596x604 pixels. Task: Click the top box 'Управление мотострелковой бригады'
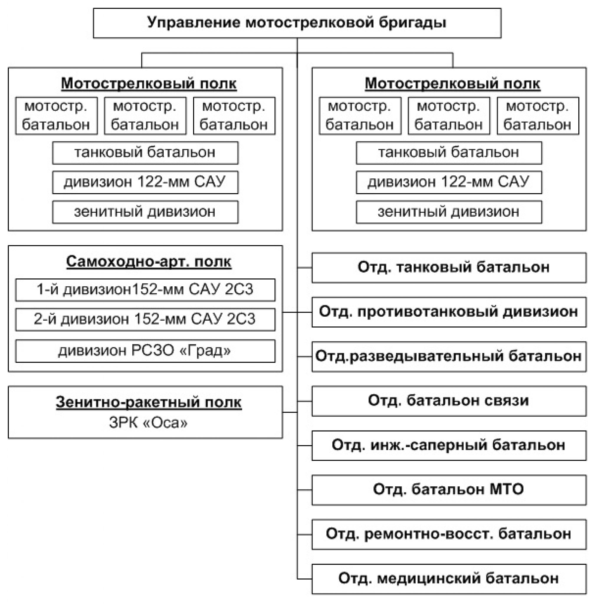(297, 23)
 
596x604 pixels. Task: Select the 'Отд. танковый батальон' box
(449, 267)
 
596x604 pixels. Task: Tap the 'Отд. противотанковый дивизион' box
(449, 312)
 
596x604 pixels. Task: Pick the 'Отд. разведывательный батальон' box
(449, 356)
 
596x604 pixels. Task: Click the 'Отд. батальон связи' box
(449, 401)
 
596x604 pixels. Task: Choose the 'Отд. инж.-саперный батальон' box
(449, 445)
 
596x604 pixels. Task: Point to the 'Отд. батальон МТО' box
(449, 490)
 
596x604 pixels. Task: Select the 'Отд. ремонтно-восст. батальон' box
(449, 534)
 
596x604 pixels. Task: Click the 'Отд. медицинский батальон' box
(449, 579)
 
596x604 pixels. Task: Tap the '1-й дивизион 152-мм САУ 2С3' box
(145, 290)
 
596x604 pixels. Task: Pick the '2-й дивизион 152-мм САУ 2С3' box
(145, 319)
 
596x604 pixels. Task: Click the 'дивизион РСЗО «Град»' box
(145, 351)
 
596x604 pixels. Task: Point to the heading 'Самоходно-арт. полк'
(149, 261)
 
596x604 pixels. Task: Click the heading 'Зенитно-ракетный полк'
(149, 402)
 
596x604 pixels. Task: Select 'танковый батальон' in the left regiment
(145, 153)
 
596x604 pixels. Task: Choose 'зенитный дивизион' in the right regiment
(449, 212)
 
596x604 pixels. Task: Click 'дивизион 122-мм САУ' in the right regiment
(449, 182)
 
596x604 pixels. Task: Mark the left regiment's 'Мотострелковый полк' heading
(149, 83)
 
